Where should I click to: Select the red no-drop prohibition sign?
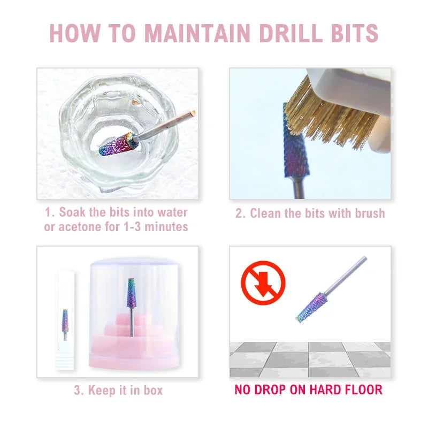click(263, 283)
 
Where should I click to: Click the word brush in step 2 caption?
click(370, 213)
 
